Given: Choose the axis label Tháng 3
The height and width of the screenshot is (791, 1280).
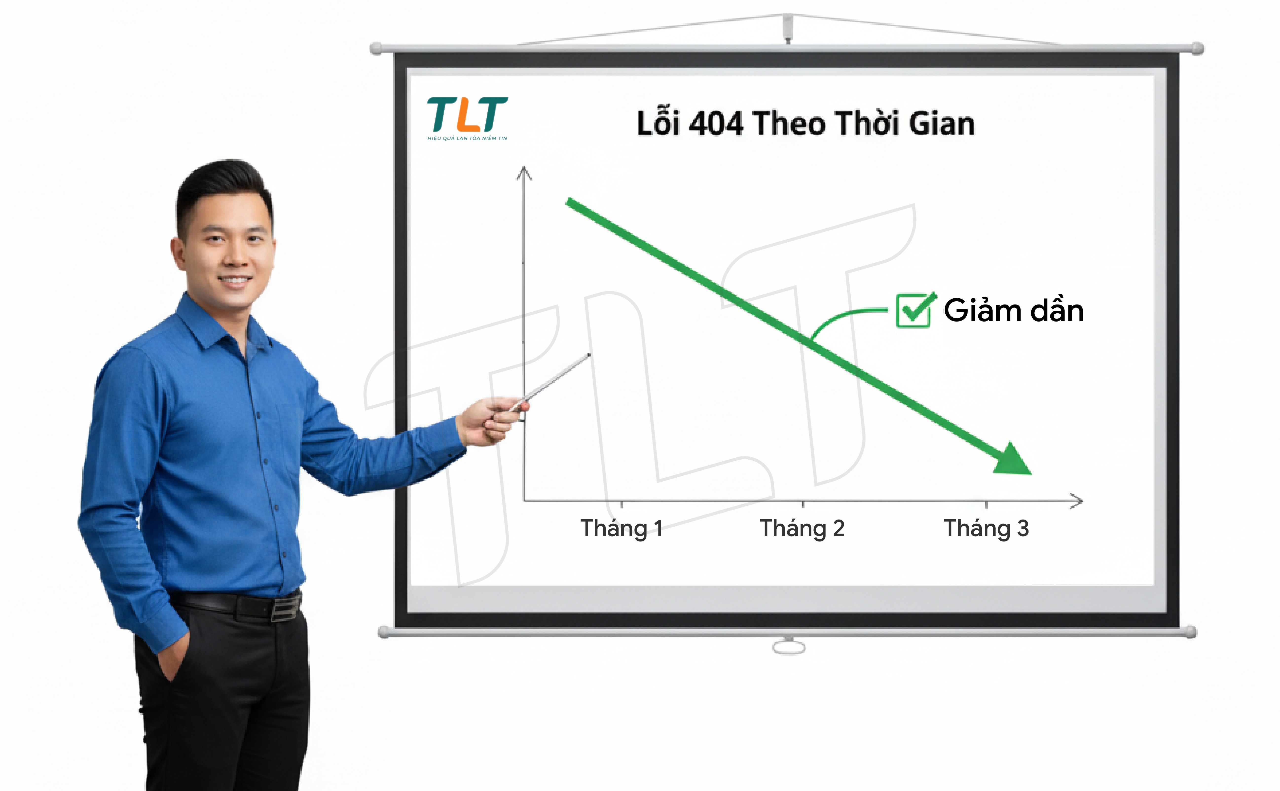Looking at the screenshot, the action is click(986, 528).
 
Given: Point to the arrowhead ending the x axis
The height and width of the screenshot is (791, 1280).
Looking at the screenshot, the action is click(1076, 501).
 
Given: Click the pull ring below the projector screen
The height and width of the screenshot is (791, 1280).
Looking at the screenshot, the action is click(789, 647).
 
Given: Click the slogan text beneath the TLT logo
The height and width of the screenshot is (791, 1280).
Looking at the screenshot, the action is click(467, 138).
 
